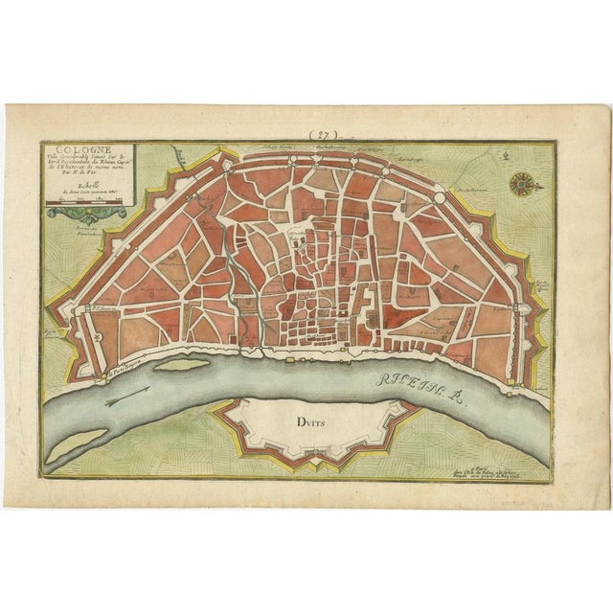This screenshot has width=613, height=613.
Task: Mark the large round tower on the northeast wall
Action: click(440, 199)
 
